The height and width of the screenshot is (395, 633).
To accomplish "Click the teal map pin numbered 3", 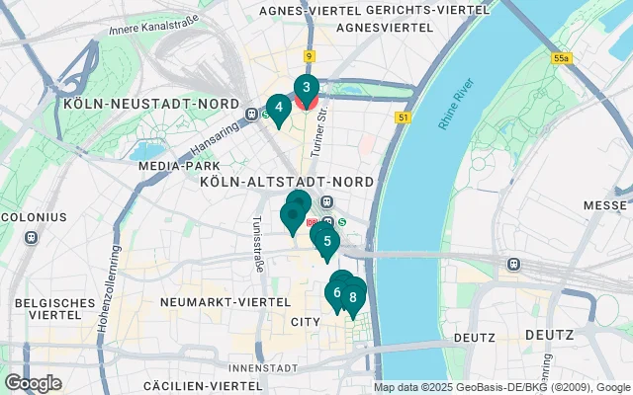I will [x=306, y=87].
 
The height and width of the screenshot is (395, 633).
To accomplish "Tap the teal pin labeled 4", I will [x=278, y=108].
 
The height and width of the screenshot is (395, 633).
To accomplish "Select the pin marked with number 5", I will [x=326, y=240].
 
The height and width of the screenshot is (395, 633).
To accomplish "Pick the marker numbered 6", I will [x=337, y=292].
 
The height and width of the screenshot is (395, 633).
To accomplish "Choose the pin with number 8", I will [x=352, y=296].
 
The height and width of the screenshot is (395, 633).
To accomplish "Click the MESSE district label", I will [x=605, y=205].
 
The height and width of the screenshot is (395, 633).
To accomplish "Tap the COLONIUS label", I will [x=33, y=216].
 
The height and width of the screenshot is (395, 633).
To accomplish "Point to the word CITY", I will [x=306, y=323].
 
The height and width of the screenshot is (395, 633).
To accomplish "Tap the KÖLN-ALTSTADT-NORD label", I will [x=286, y=183].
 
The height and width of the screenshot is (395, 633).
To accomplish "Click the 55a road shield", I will [x=562, y=59].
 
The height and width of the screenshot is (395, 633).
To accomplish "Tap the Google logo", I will [x=33, y=383].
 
